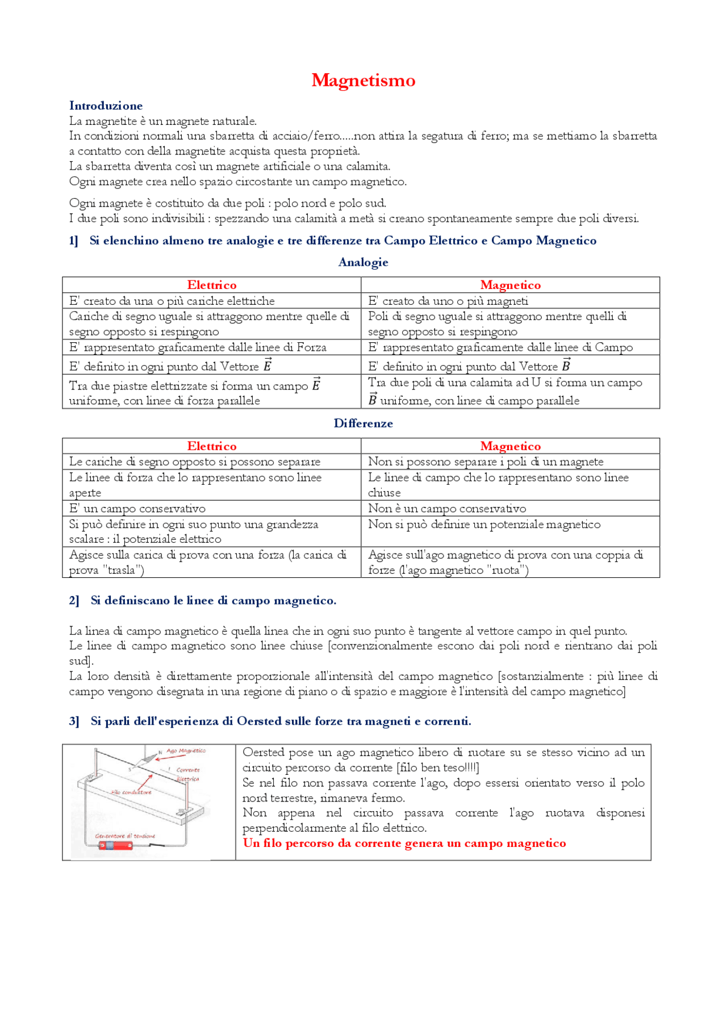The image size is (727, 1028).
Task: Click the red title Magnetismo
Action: point(363,80)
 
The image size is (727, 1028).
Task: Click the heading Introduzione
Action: point(106,106)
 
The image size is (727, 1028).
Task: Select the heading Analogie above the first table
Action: point(363,262)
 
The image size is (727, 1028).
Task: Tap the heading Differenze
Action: point(363,423)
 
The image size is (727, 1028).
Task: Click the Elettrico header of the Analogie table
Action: point(212,285)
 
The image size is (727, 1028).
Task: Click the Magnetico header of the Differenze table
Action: point(510,446)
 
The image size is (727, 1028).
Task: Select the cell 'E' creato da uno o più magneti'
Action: point(448,301)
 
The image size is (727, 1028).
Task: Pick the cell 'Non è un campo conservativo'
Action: point(446,509)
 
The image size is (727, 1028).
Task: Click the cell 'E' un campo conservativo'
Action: point(137,509)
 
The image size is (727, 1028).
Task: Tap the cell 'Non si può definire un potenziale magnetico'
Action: point(484,525)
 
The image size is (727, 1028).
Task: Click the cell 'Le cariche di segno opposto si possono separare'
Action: point(194,462)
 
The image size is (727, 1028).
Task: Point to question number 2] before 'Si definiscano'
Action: point(74,601)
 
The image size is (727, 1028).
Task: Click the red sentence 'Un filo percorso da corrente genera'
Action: point(404,844)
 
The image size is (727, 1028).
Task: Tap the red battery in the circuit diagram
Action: point(116,845)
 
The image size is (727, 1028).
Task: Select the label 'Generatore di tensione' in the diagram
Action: point(125,836)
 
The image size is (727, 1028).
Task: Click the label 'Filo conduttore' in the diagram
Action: point(131,792)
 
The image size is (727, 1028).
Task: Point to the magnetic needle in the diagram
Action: point(149,757)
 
